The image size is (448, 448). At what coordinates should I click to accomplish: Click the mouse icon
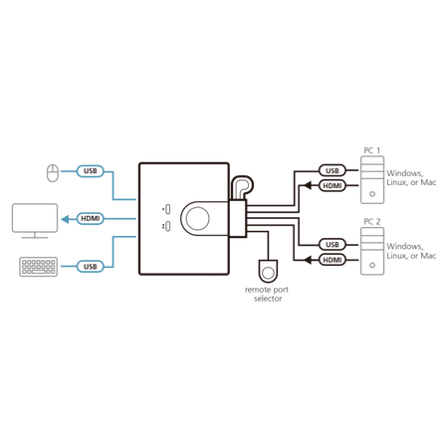tap(52, 172)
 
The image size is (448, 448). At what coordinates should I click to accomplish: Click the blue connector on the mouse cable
tap(88, 172)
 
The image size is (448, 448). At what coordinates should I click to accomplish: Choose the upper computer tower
tap(371, 181)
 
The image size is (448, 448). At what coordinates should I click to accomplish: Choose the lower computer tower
tap(371, 252)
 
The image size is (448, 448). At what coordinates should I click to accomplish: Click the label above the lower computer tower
tap(371, 220)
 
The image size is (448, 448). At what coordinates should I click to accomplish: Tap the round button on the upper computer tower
tap(371, 194)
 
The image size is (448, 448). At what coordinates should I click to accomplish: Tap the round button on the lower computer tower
tap(371, 265)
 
